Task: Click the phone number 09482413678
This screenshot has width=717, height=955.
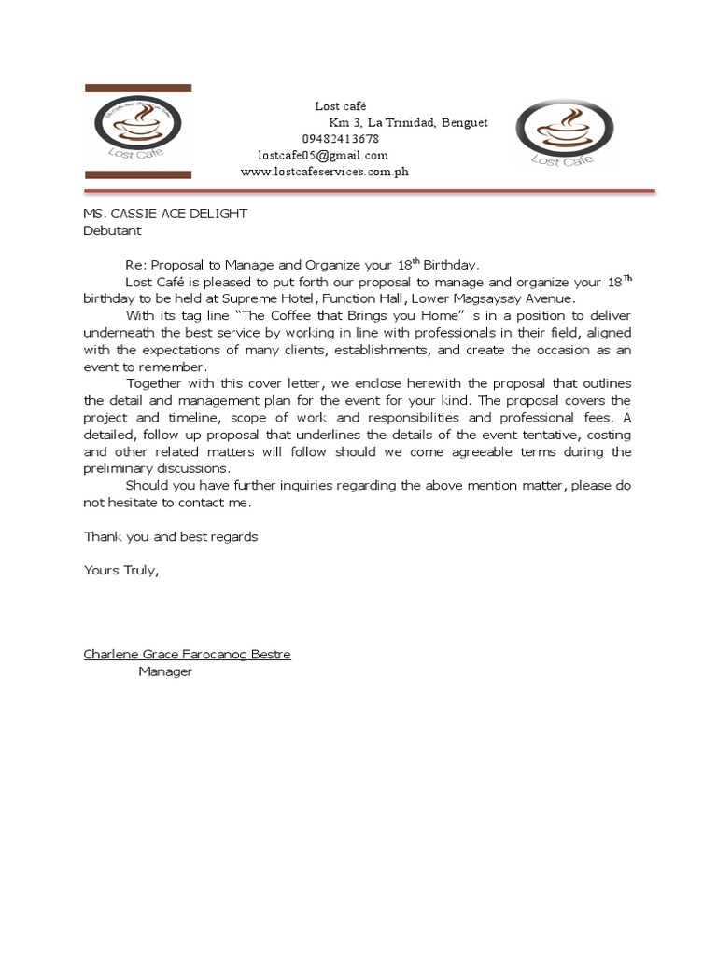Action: coord(340,139)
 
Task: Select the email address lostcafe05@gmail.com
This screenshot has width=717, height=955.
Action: coord(323,155)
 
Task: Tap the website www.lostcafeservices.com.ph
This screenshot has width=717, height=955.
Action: coord(324,172)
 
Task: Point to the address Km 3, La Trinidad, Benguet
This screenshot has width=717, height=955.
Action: coord(408,123)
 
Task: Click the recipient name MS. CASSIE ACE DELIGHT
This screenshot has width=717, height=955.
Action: coord(165,214)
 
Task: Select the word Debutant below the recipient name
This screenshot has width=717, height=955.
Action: coord(113,229)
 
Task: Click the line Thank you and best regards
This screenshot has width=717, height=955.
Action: coord(171,537)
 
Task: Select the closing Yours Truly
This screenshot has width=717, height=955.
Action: coord(121,571)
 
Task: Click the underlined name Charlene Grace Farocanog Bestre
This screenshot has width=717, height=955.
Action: coord(187,655)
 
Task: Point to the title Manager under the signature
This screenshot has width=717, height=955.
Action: coord(165,671)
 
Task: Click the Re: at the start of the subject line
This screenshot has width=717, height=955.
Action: coord(136,265)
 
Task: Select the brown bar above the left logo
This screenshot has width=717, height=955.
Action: coord(138,88)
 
